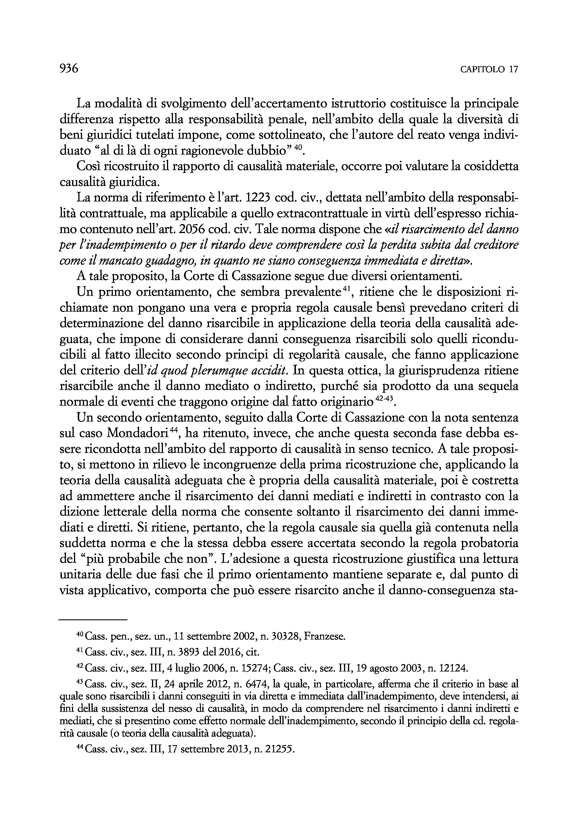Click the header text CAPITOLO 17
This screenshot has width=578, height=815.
tap(489, 69)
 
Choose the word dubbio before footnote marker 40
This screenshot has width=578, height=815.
tap(271, 151)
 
